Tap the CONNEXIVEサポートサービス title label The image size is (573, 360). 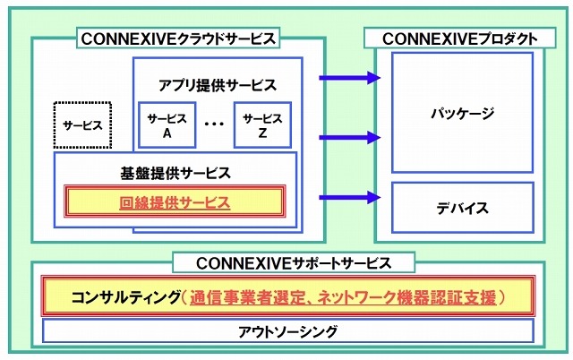[293, 262]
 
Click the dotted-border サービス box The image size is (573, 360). [82, 124]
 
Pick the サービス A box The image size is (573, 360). [167, 124]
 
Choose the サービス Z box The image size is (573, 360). [261, 124]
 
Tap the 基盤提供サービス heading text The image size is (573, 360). [175, 172]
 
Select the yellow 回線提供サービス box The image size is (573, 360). [175, 202]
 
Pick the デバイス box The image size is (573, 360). [462, 208]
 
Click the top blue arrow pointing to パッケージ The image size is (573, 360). [350, 78]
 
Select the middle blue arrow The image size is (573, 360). [350, 137]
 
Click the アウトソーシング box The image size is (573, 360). [287, 331]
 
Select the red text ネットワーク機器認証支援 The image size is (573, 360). [398, 296]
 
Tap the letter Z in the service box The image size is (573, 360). [262, 133]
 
